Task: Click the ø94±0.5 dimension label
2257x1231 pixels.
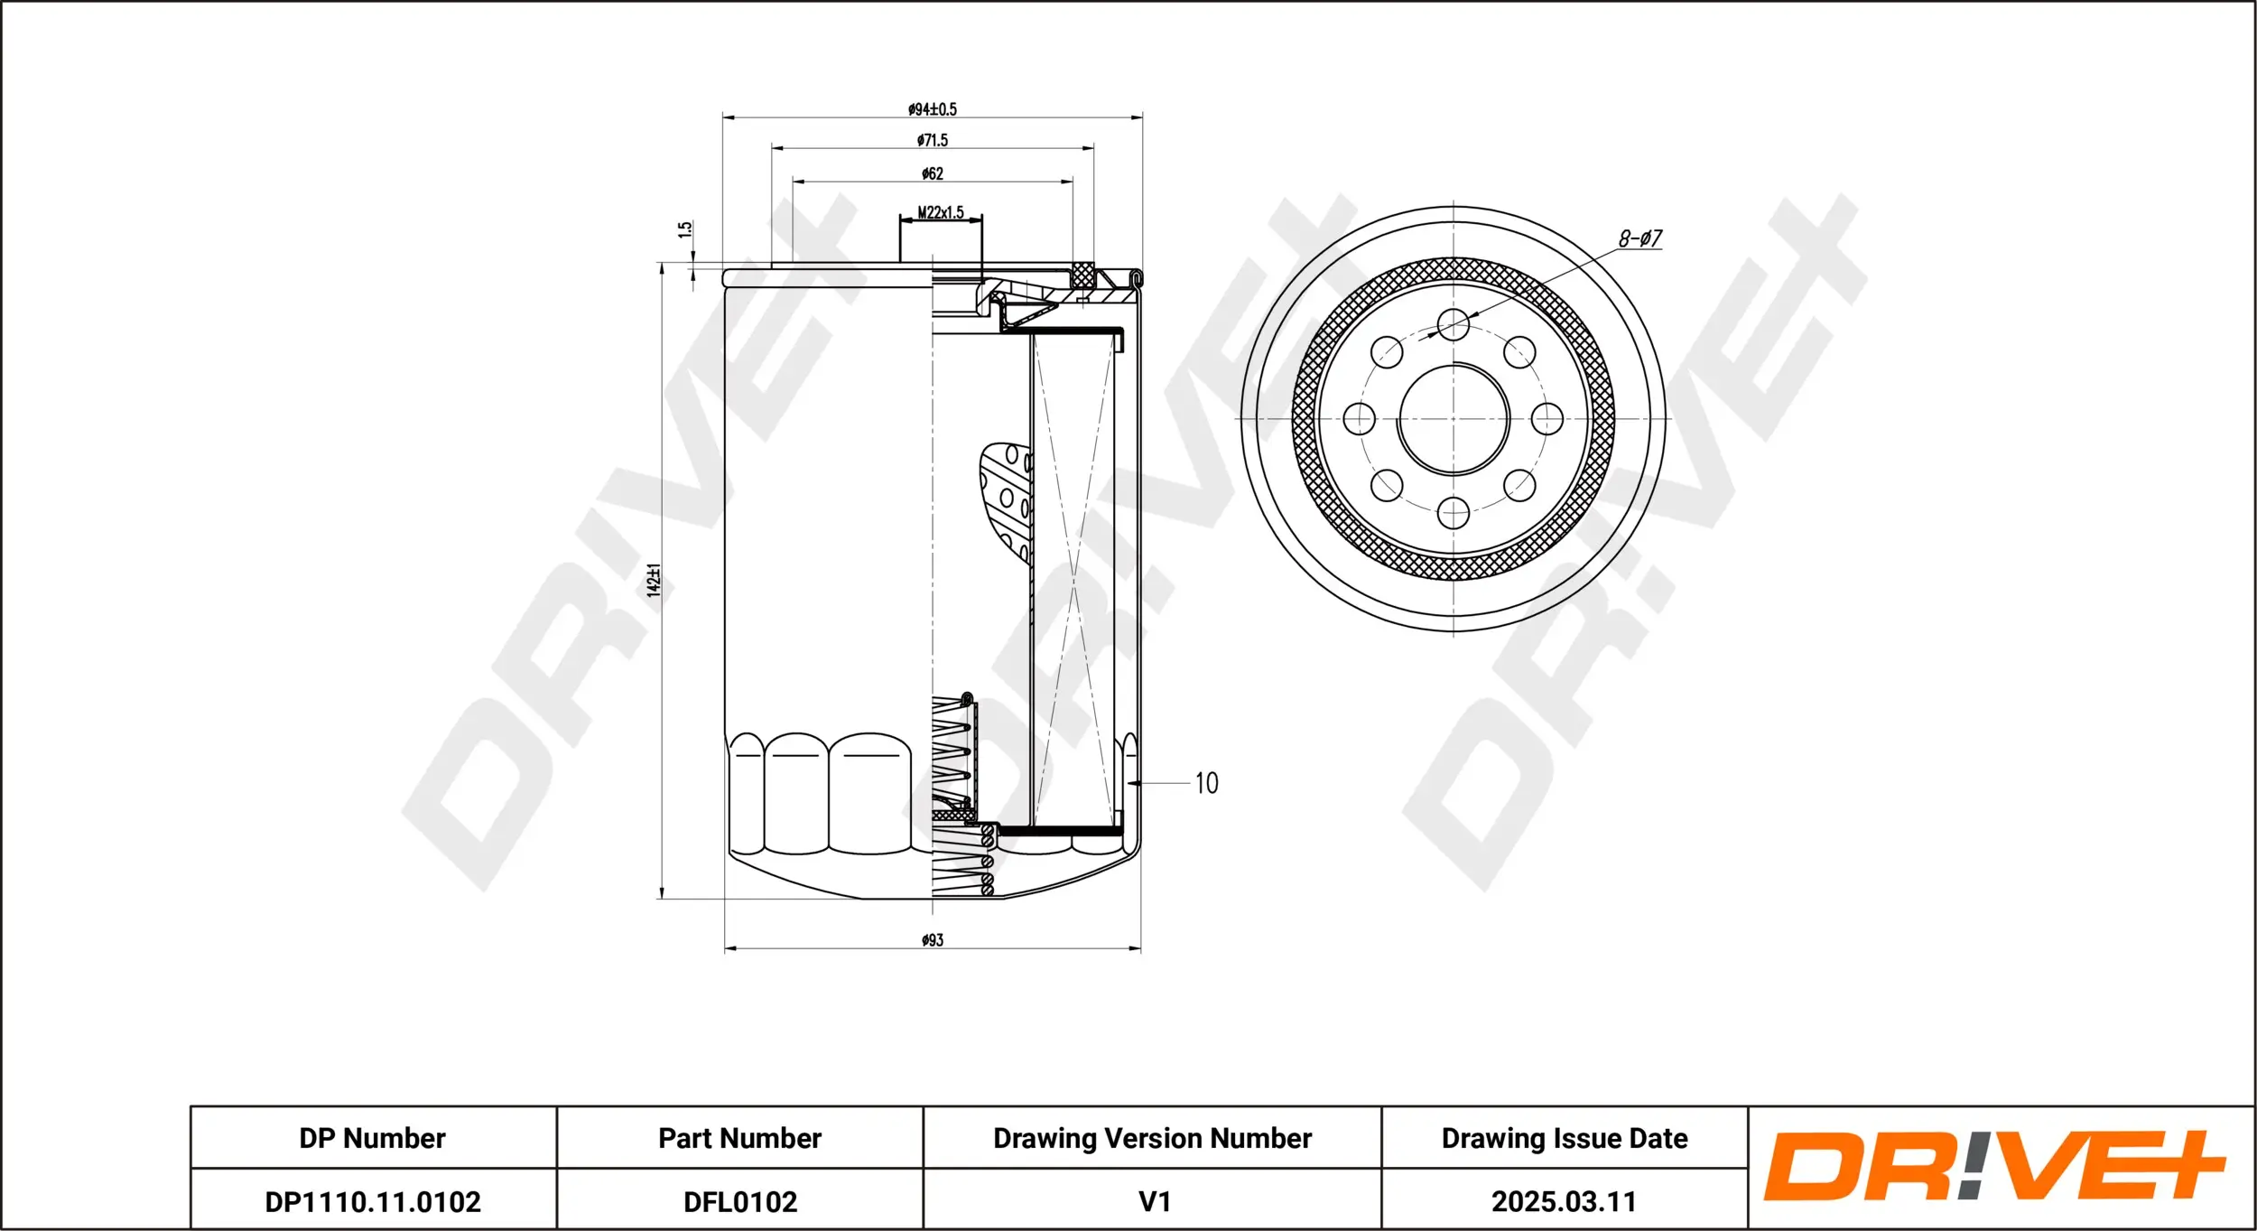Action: (933, 109)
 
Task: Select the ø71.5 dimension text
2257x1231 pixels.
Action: (933, 140)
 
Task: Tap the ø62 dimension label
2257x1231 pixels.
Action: (933, 173)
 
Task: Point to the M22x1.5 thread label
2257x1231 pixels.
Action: (941, 212)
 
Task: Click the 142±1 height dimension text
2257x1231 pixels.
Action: (654, 579)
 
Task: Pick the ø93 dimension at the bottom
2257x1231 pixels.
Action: (933, 940)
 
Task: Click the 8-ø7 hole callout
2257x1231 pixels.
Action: (1639, 238)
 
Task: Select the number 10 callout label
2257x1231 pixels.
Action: (1206, 783)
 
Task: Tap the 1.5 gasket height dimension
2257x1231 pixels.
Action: (686, 229)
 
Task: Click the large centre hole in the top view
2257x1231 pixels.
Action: (1454, 419)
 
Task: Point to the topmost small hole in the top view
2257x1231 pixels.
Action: (1454, 324)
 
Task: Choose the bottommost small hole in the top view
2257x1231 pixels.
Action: (1454, 513)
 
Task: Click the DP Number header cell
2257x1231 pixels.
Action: (373, 1138)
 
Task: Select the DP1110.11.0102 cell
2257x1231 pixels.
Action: (373, 1201)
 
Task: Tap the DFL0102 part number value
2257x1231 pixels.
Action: (740, 1201)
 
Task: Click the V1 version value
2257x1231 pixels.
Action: (1154, 1201)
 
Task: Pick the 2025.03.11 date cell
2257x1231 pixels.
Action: (1564, 1201)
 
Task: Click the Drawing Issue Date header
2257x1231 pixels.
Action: (1564, 1138)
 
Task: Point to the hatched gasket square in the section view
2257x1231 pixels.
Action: (1082, 275)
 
